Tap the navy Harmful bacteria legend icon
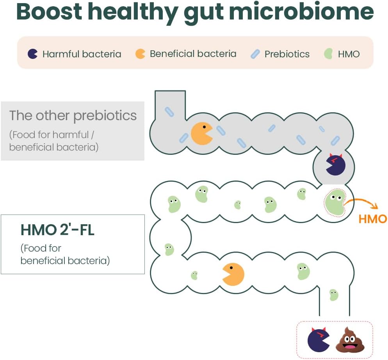click(32, 54)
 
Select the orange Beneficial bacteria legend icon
click(140, 54)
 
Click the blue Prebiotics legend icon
click(255, 54)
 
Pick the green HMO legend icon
click(328, 54)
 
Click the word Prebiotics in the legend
click(287, 54)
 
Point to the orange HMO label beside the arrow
click(373, 219)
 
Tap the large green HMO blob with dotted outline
click(335, 202)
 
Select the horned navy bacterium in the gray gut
click(335, 165)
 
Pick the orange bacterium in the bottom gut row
click(233, 274)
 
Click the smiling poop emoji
click(350, 339)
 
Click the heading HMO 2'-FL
click(57, 230)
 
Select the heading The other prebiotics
click(73, 115)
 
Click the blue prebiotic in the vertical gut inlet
click(169, 112)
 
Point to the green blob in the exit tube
click(334, 295)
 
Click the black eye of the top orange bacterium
click(205, 127)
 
